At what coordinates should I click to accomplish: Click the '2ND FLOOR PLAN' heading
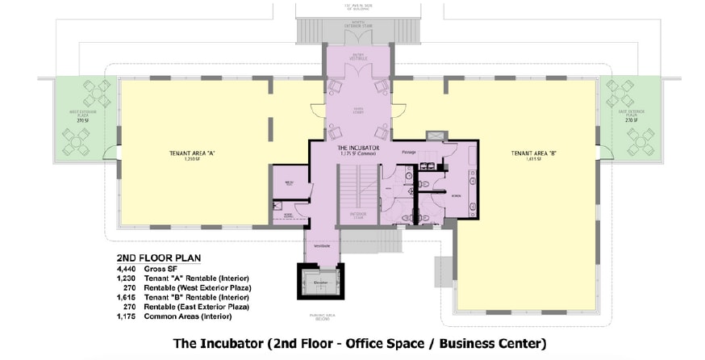point(158,257)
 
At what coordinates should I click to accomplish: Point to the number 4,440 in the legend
point(129,268)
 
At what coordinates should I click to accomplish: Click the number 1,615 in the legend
point(129,297)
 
